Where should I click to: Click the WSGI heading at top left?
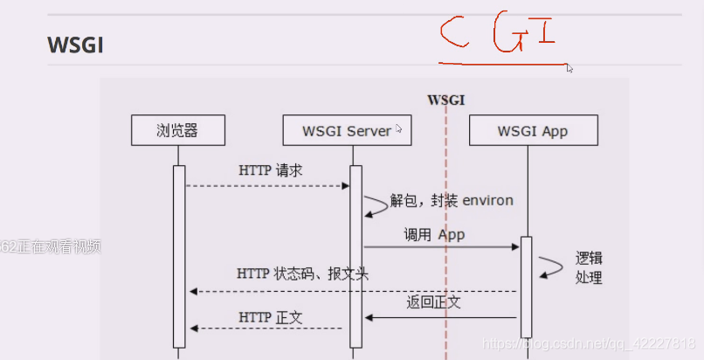click(x=76, y=45)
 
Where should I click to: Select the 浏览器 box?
click(x=177, y=131)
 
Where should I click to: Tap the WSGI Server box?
click(x=348, y=131)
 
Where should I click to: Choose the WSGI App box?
click(x=533, y=131)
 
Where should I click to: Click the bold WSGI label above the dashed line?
click(x=445, y=100)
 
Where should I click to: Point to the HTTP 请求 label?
click(x=270, y=171)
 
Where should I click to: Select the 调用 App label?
click(x=434, y=234)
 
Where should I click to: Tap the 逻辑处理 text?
click(x=589, y=268)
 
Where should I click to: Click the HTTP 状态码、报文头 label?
click(x=302, y=274)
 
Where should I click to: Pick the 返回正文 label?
click(x=433, y=303)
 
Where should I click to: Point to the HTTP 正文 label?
click(x=271, y=317)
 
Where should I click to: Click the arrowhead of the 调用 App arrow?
click(x=517, y=247)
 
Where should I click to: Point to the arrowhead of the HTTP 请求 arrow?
click(x=346, y=185)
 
